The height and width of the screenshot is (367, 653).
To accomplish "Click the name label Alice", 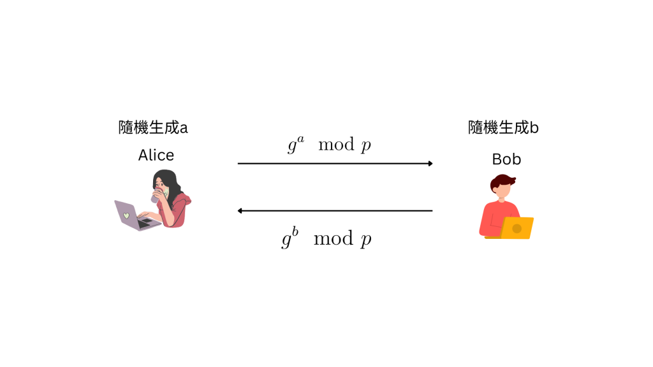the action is tap(156, 155).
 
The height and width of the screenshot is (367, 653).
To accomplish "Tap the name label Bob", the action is tap(506, 159).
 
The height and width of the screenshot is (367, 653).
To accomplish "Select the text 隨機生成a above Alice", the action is tap(153, 128).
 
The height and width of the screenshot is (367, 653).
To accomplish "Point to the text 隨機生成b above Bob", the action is tap(503, 128).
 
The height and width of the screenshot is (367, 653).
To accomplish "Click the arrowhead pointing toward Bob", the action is tap(430, 164).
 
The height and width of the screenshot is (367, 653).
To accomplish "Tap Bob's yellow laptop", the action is tap(517, 228).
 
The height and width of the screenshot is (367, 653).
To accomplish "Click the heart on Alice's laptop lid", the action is tap(126, 215).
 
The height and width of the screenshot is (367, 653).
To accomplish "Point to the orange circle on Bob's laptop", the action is tap(517, 228).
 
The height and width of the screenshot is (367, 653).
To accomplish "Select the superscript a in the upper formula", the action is tap(301, 138).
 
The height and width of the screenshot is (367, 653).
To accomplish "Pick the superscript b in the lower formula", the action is tap(295, 232).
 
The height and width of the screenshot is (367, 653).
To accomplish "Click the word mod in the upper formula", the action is tap(336, 145).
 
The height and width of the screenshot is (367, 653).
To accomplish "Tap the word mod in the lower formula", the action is tap(333, 239).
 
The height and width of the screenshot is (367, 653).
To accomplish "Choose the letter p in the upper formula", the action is tap(365, 147).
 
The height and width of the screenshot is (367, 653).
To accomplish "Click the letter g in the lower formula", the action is tap(286, 241).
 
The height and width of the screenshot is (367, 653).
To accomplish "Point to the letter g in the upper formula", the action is tap(292, 147).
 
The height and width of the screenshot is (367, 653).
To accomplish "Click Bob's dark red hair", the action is tap(503, 180).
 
